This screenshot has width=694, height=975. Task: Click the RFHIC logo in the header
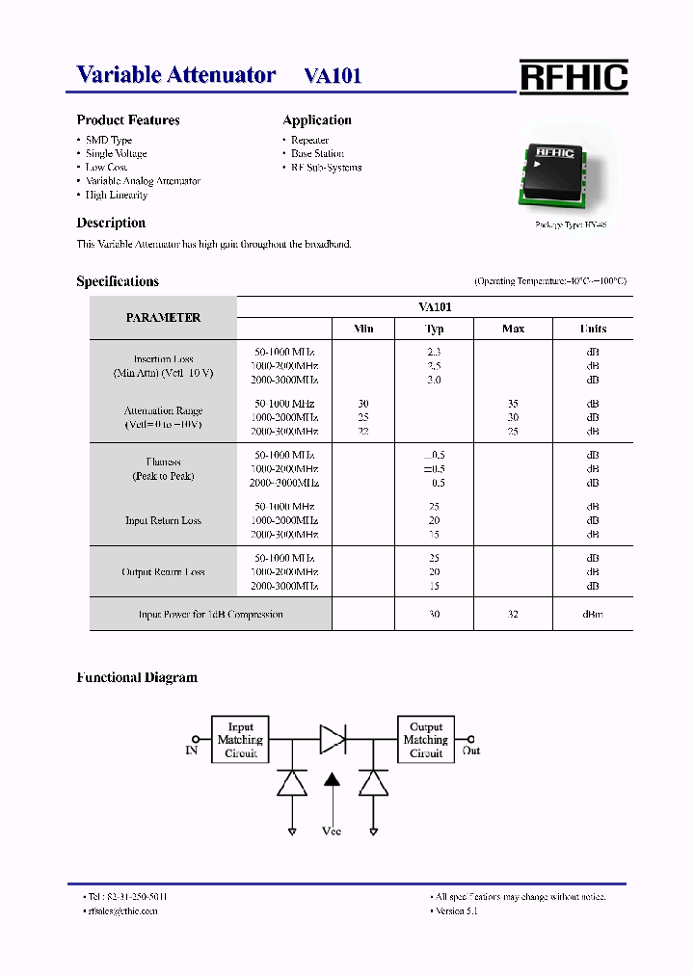point(574,77)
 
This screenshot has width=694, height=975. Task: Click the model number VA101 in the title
point(333,76)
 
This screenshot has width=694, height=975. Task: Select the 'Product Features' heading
point(128,120)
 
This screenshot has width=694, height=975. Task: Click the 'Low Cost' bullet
point(107,168)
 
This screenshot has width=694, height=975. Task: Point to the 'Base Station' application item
point(317,154)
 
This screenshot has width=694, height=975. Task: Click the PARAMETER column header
point(163,318)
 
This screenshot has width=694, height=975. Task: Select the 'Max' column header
point(513,329)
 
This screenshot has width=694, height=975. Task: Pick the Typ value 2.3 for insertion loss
point(434,353)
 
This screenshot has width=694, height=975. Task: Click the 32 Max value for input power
point(513,615)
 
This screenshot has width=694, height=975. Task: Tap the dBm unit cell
point(592,615)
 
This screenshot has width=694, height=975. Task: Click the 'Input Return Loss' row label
point(163,521)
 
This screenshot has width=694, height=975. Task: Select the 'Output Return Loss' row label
point(163,572)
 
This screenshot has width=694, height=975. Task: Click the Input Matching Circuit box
point(240,740)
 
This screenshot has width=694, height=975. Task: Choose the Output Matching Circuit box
point(425,740)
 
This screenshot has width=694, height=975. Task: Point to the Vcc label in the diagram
point(331,830)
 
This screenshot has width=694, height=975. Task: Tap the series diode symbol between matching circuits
point(333,740)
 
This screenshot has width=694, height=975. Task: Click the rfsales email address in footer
point(121,910)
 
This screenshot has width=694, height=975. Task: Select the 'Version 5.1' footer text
point(457,910)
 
